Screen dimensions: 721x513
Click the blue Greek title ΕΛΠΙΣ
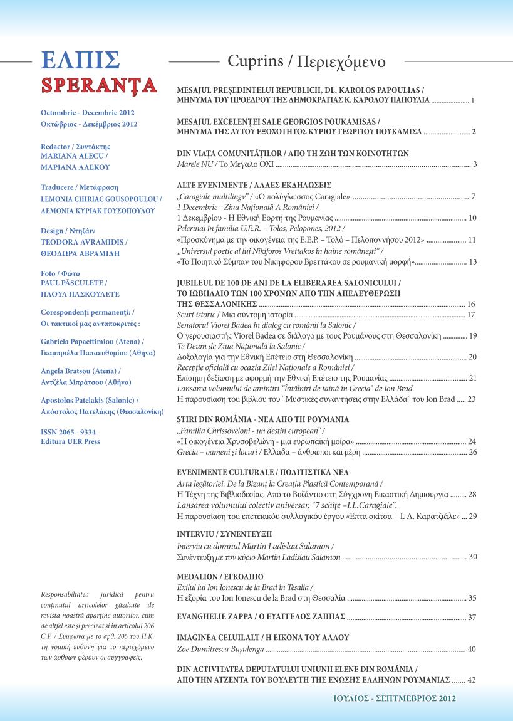[79, 61]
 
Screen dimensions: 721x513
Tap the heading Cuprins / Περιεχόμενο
[306, 62]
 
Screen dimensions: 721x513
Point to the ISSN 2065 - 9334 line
[68, 432]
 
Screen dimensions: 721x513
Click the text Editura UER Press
[70, 441]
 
